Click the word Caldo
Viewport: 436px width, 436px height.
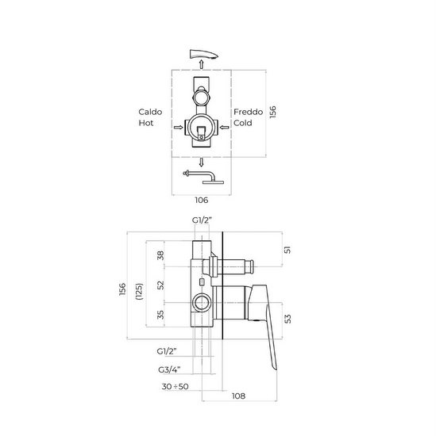coord(151,113)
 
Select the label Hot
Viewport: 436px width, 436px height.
coord(148,124)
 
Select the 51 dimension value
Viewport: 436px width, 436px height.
coord(287,251)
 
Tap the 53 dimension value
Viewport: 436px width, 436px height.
coord(287,319)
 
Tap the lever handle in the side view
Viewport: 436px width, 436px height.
coord(266,317)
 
